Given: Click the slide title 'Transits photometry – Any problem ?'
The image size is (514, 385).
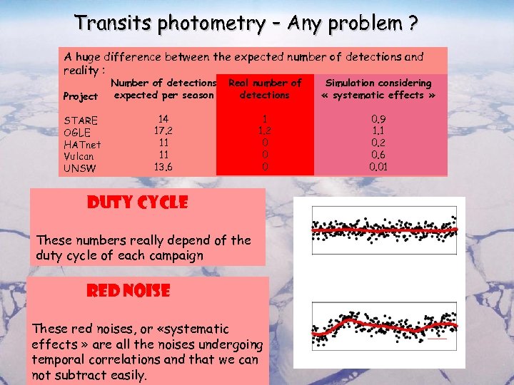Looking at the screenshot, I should [246, 24].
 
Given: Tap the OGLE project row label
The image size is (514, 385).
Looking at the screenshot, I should [78, 132].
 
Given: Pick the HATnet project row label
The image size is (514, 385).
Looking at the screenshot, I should [83, 144].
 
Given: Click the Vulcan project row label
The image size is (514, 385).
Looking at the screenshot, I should [81, 156].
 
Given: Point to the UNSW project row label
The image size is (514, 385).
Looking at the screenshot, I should [79, 168].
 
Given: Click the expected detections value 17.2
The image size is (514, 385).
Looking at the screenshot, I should [164, 131].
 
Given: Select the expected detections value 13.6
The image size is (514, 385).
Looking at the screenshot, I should [164, 168].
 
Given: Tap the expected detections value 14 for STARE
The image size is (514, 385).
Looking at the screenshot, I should [164, 119].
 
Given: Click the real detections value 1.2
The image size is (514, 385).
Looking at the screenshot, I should [264, 131].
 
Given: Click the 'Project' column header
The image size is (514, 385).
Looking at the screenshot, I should [81, 96].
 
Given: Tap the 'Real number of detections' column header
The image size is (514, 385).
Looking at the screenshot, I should [265, 89].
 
